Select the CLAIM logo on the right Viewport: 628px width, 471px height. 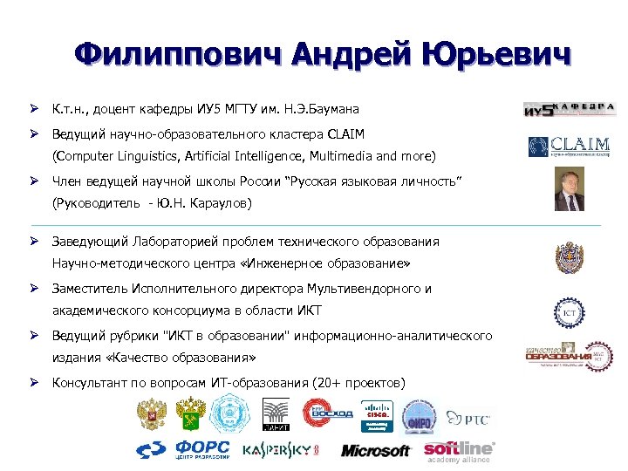[570, 146]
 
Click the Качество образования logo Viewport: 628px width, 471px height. [569, 356]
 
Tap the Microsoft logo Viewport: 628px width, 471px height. [375, 450]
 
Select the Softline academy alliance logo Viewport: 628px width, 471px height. [459, 451]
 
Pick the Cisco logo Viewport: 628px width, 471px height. [377, 412]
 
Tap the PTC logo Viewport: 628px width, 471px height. [468, 417]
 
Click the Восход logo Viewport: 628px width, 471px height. [328, 412]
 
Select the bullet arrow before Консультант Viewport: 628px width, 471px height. [31, 382]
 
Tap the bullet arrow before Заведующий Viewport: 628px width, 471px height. [31, 241]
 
